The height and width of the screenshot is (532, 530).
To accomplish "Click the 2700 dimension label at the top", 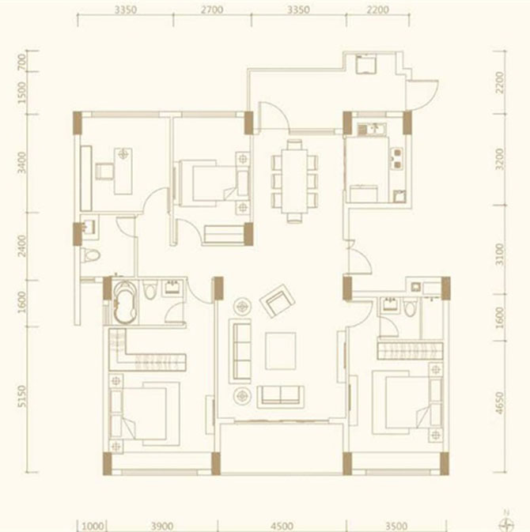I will coord(212,10).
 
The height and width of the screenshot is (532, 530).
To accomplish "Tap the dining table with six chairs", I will coord(294,180).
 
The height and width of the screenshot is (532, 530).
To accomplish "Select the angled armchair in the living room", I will coord(278,301).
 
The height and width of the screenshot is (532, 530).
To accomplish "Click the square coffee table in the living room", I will coord(280,350).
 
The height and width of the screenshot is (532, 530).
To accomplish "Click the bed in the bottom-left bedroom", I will coord(146,411).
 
